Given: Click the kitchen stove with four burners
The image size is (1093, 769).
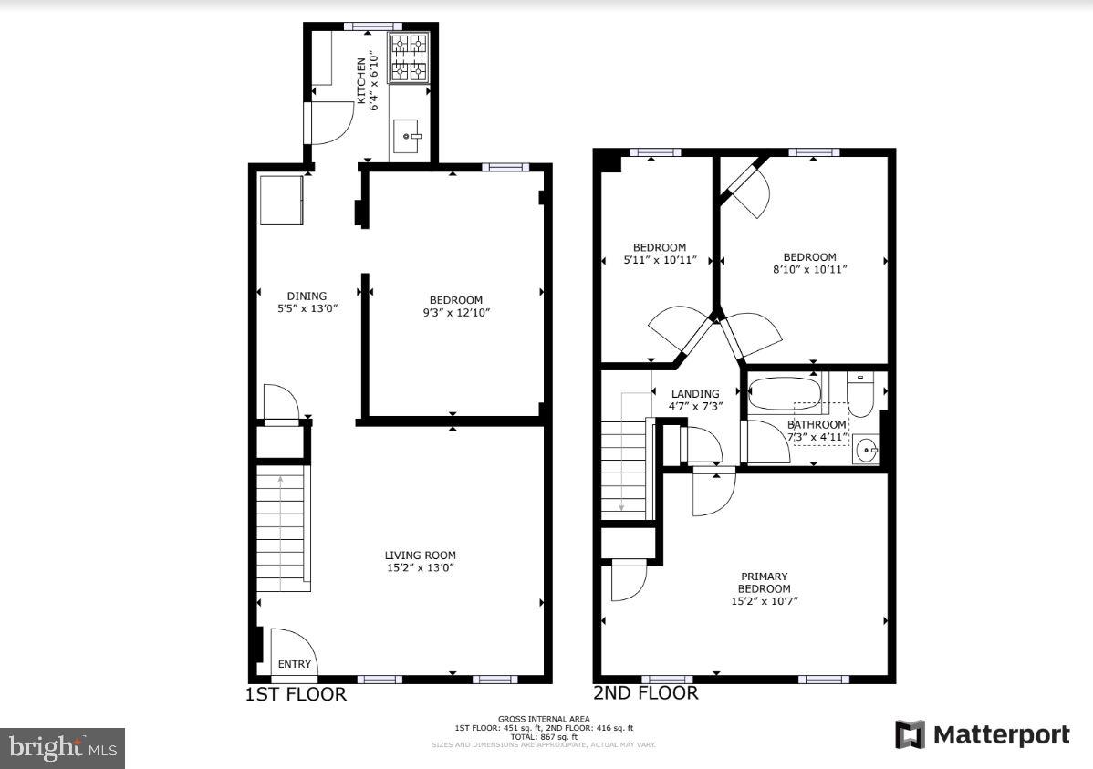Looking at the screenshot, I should click(409, 57).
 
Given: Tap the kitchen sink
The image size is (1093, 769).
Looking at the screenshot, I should click(408, 139).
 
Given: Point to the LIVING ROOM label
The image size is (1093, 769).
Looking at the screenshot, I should click(420, 555).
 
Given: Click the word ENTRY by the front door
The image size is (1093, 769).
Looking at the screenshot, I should click(295, 664).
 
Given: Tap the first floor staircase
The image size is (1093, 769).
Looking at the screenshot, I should click(281, 528).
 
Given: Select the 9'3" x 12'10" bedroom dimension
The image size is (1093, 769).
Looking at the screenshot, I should click(455, 312).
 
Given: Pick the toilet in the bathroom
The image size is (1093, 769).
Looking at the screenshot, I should click(859, 395).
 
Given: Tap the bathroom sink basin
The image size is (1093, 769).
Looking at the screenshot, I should click(866, 450).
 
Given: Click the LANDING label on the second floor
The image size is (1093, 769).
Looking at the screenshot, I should click(696, 394).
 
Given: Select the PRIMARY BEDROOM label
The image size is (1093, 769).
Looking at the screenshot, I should click(765, 582).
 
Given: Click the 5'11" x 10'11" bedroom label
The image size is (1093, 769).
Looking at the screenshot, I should click(660, 259).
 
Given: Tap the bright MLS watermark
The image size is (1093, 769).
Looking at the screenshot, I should click(62, 748).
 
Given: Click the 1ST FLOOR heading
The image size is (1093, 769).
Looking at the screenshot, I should click(297, 694).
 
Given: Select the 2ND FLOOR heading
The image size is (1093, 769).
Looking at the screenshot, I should click(646, 693).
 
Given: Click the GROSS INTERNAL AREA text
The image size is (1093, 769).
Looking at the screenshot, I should click(544, 719).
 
